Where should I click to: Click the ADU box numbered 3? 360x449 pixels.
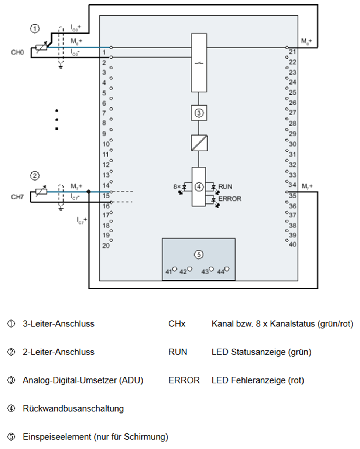point(199,113)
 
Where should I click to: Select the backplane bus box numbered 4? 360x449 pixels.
point(199,187)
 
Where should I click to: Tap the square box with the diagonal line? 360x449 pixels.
point(199,143)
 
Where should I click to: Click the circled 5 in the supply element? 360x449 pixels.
point(199,254)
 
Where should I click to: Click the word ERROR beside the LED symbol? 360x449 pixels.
point(230,199)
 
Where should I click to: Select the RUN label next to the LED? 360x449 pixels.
point(225,187)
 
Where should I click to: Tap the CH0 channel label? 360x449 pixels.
point(17,52)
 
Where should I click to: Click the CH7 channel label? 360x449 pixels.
point(17,197)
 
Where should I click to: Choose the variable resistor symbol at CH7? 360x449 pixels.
point(41,192)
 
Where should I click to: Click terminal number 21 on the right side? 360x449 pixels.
point(292,52)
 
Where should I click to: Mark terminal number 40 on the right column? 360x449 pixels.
point(292,244)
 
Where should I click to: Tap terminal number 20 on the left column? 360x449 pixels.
point(106,246)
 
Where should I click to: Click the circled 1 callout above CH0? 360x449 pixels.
point(34,28)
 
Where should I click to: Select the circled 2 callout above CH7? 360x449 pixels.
point(34,176)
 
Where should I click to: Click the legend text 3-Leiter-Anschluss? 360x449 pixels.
point(58,324)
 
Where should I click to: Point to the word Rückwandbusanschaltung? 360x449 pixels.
point(73,409)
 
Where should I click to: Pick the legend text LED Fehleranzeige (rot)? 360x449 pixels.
point(258,380)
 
